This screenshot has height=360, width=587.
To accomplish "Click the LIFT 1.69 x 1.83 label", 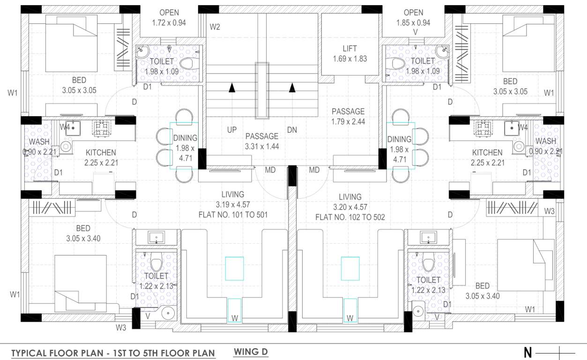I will tap(349, 53).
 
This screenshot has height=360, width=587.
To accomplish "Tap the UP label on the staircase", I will tap(232, 130).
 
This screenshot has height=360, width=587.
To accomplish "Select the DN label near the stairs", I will tap(292, 130).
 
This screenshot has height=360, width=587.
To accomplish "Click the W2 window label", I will tap(215, 27).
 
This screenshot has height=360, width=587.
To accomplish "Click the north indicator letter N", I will tap(528, 352).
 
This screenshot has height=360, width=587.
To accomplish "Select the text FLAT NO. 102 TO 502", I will tap(350, 217).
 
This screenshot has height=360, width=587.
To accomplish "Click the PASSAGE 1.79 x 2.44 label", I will tap(348, 116).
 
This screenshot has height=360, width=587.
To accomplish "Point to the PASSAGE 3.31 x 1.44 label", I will tap(261, 141).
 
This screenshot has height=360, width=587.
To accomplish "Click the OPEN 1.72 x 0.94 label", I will tap(169, 17).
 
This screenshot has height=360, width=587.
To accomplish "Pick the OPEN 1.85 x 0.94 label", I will tap(413, 17).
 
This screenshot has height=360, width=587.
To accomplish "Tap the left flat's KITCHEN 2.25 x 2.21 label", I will tap(101, 157).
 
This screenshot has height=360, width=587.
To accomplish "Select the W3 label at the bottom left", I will tap(121, 328).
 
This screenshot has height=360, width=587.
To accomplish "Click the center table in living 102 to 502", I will tap(350, 269).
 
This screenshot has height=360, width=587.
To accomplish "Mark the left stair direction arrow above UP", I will tap(232, 88).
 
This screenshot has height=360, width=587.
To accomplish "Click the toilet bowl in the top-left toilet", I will tap(189, 63).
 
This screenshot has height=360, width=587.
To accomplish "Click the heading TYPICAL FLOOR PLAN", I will tap(113, 353).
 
